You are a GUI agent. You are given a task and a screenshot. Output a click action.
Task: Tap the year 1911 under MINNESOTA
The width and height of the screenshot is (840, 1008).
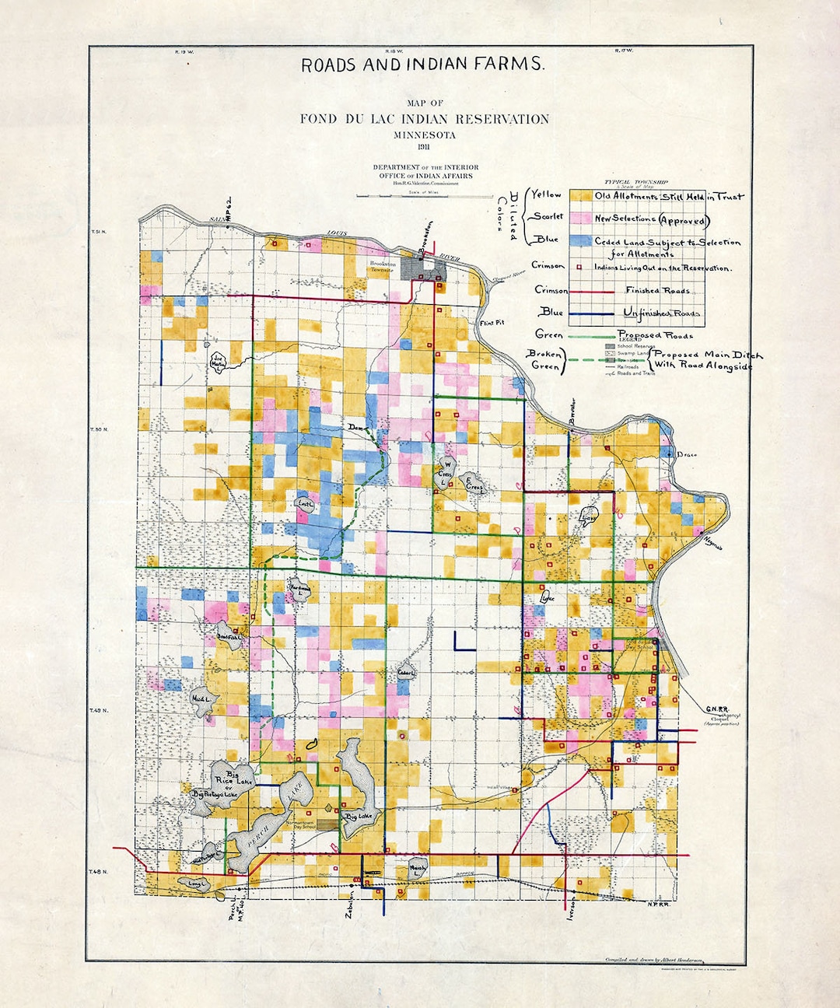coord(425,148)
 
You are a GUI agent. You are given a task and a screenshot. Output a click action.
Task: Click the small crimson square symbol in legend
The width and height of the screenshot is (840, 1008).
coord(580,268)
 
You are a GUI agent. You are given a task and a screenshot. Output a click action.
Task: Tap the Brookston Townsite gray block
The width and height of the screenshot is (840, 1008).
coord(425,269)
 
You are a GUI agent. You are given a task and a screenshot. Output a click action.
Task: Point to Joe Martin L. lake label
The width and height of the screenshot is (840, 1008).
coord(218,362)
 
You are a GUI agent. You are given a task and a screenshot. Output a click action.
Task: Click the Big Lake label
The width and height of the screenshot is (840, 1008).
coord(360,817)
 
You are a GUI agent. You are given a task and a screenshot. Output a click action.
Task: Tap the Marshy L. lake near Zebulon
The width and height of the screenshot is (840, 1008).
coord(418,870)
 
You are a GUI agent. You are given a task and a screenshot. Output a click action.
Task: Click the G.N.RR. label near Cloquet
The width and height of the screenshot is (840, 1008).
coord(716,709)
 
